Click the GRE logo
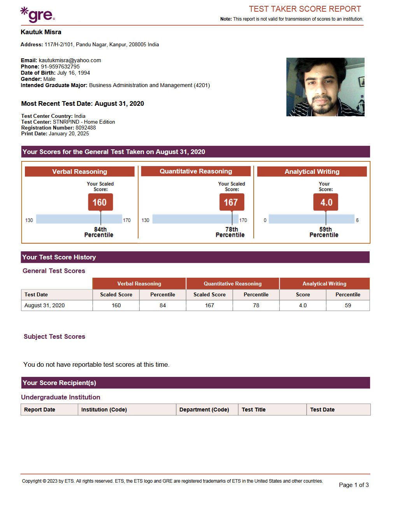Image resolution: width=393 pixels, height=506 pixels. click(x=38, y=14)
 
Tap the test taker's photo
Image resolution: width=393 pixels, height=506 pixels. click(x=325, y=87)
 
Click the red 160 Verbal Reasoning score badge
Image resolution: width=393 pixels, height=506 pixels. click(x=100, y=202)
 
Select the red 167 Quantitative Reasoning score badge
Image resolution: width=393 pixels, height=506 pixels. click(x=232, y=202)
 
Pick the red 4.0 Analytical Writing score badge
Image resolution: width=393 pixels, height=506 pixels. click(x=326, y=202)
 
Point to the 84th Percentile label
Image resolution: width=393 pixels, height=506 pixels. click(x=99, y=232)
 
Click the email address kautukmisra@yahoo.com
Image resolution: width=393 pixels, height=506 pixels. click(x=70, y=60)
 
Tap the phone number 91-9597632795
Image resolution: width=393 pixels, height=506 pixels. click(x=60, y=67)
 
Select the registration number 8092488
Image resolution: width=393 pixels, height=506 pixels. click(x=86, y=128)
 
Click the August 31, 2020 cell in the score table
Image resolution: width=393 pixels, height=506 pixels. click(x=45, y=305)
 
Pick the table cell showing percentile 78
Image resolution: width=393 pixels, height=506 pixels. click(x=256, y=305)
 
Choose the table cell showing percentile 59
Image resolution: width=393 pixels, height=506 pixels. click(x=348, y=305)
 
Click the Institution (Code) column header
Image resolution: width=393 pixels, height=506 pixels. click(x=104, y=410)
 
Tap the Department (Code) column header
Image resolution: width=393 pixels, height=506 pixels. click(x=204, y=410)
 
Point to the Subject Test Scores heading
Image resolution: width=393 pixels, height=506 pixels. click(x=54, y=336)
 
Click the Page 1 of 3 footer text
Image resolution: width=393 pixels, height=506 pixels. click(x=354, y=485)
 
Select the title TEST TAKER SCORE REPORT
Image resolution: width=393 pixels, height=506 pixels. click(x=305, y=9)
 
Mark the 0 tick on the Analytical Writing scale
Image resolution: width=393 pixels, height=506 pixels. click(x=265, y=220)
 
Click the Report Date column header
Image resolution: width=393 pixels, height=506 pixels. click(x=40, y=410)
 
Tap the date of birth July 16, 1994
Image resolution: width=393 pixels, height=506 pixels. click(x=74, y=73)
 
